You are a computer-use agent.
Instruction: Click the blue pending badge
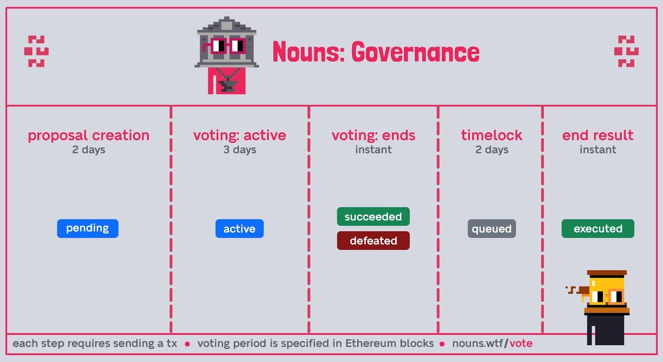coord(87,228)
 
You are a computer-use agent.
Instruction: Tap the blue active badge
coord(240,228)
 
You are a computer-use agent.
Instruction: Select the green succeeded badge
coord(373,217)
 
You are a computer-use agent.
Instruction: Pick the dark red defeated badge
coord(373,241)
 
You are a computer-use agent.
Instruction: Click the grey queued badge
coord(491,228)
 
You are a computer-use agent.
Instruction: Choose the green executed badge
coord(598,228)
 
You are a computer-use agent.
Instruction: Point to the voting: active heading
coord(240,135)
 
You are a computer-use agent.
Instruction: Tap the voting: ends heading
coord(373,135)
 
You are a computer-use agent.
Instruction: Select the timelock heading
coord(491,135)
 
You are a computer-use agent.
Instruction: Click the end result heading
coord(598,135)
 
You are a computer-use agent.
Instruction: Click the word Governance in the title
coord(415,52)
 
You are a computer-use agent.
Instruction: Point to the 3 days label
coord(240,150)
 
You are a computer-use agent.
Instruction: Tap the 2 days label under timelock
coord(491,150)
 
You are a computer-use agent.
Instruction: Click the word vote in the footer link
coord(521,343)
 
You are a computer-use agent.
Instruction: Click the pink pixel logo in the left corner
coord(36,51)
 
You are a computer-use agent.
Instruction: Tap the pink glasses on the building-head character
coord(224,46)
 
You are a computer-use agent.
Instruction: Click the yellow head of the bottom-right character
coord(607,291)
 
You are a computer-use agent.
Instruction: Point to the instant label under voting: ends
coord(373,150)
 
